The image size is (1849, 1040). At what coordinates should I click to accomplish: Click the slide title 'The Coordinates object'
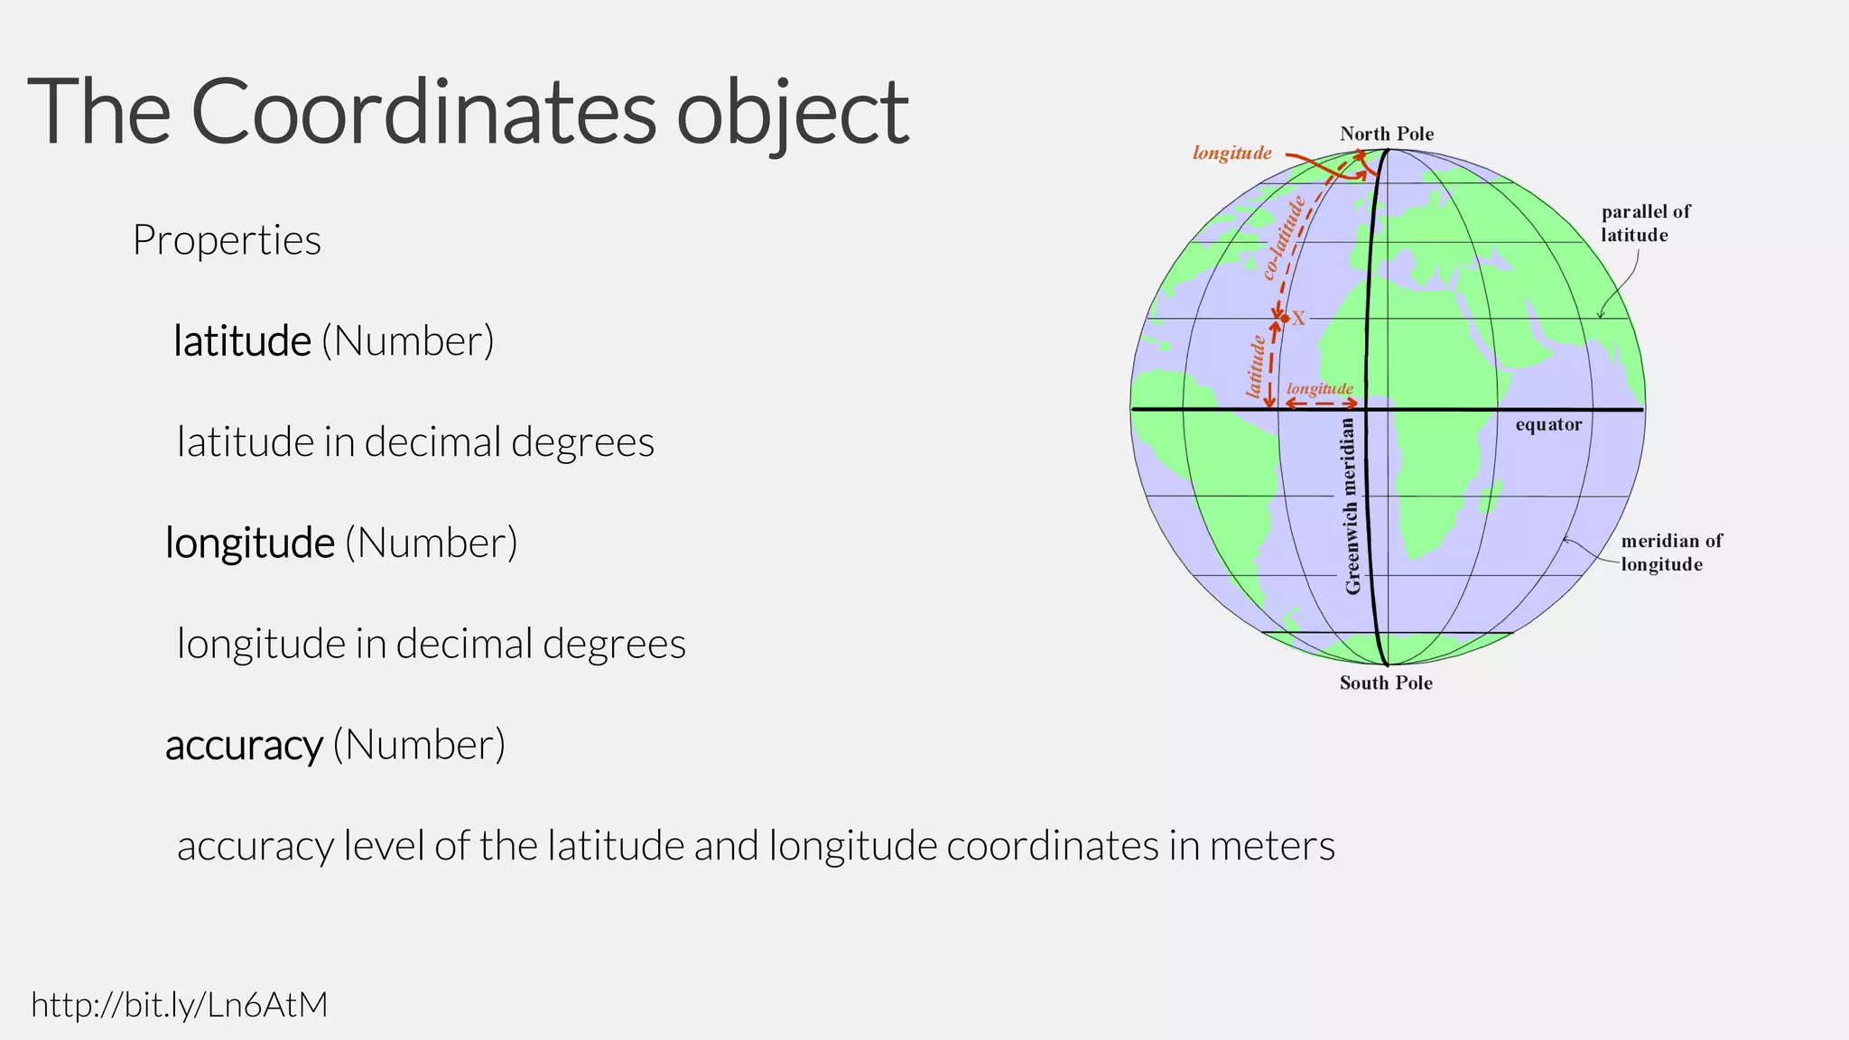pyautogui.click(x=468, y=112)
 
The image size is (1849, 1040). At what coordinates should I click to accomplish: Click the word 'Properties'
pyautogui.click(x=227, y=240)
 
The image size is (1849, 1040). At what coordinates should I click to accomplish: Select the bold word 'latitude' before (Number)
pyautogui.click(x=242, y=341)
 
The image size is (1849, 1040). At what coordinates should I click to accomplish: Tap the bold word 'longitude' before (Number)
pyautogui.click(x=250, y=543)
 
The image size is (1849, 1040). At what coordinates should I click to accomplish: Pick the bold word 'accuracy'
pyautogui.click(x=244, y=745)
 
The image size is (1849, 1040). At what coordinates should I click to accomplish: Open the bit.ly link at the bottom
pyautogui.click(x=180, y=1004)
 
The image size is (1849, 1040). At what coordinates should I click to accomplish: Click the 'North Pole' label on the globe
pyautogui.click(x=1387, y=134)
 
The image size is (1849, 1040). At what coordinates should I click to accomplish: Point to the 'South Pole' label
pyautogui.click(x=1386, y=682)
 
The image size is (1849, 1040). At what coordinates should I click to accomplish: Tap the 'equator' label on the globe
pyautogui.click(x=1548, y=424)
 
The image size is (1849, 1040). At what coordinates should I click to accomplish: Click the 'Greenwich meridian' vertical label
pyautogui.click(x=1352, y=506)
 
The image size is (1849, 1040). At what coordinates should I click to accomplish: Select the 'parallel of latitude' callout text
pyautogui.click(x=1645, y=223)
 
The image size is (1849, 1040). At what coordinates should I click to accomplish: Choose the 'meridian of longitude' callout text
pyautogui.click(x=1671, y=552)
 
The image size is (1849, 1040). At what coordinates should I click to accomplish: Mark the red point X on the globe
pyautogui.click(x=1285, y=318)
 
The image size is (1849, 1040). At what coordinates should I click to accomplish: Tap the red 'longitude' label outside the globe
pyautogui.click(x=1232, y=153)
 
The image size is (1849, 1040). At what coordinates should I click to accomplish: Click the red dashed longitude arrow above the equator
pyautogui.click(x=1321, y=404)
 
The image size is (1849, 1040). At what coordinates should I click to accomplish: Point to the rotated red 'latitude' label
pyautogui.click(x=1255, y=367)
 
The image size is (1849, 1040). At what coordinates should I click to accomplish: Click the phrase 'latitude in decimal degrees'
pyautogui.click(x=415, y=442)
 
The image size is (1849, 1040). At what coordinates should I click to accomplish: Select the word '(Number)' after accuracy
pyautogui.click(x=419, y=745)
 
